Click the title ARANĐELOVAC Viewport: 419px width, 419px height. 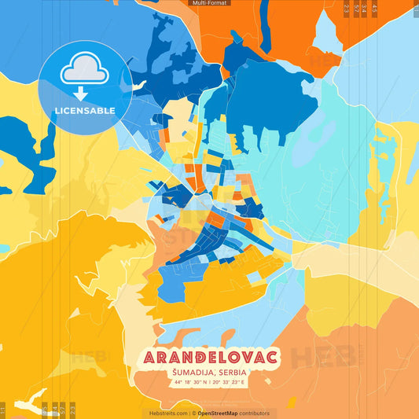coord(210,358)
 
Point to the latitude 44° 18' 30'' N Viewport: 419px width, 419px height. coord(187,383)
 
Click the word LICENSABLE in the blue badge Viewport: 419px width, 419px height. coord(85,111)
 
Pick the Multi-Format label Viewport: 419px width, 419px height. coord(210,3)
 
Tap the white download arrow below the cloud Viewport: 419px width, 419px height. coord(85,90)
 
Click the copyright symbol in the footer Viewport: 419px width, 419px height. coord(193,413)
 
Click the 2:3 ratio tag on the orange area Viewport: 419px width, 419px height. coord(347,8)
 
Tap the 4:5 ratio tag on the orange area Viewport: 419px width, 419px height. coord(374,8)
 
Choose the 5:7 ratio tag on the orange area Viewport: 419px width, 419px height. coord(356,8)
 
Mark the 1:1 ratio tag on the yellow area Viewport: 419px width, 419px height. coord(3,410)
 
